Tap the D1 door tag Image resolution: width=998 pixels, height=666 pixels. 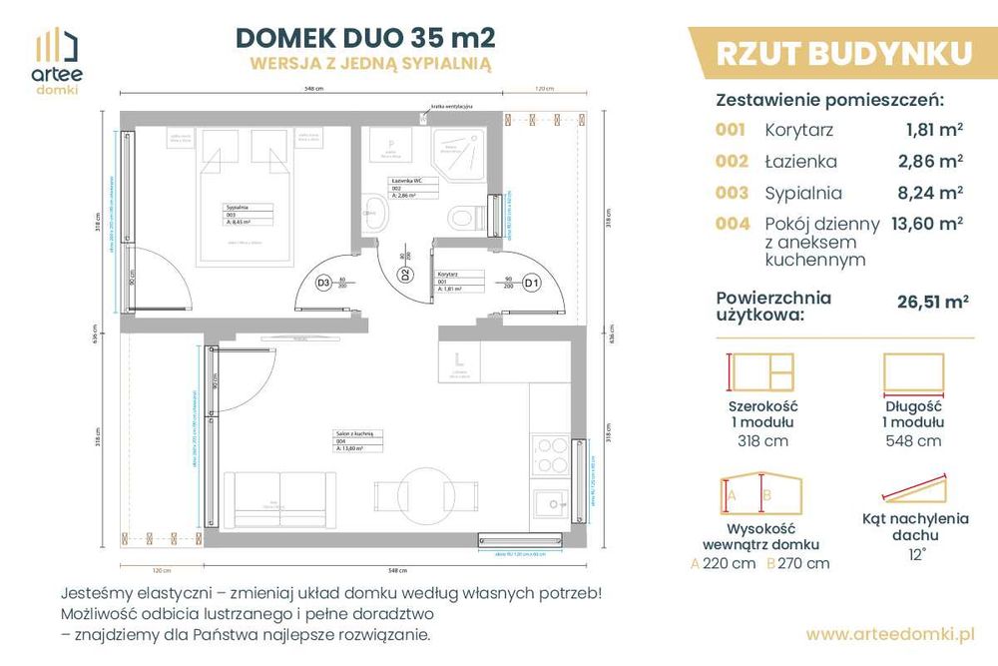point(532,283)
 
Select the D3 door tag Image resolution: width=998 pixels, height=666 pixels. point(322,283)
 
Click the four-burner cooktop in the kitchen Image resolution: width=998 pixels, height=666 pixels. point(548,455)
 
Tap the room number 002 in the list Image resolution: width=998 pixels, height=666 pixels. point(731,161)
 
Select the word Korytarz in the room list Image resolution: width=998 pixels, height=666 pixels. point(798,129)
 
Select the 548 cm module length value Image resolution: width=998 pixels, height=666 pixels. point(913,440)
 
